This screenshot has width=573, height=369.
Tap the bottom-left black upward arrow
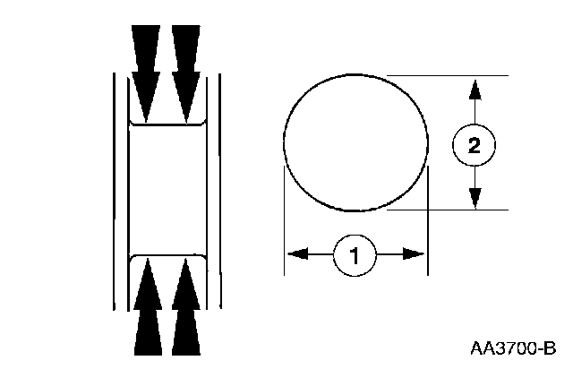[146, 309]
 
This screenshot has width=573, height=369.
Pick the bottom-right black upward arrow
[184, 309]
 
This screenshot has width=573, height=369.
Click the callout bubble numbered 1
[355, 255]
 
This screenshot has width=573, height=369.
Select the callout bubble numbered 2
[475, 145]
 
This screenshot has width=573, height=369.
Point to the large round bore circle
[355, 143]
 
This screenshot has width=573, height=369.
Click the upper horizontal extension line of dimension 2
[448, 76]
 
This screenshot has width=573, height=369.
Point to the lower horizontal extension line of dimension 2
[448, 210]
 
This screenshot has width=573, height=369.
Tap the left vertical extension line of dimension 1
[284, 224]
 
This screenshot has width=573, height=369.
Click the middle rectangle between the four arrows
[166, 190]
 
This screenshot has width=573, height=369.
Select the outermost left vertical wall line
[114, 190]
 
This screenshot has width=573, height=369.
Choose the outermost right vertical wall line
[218, 190]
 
